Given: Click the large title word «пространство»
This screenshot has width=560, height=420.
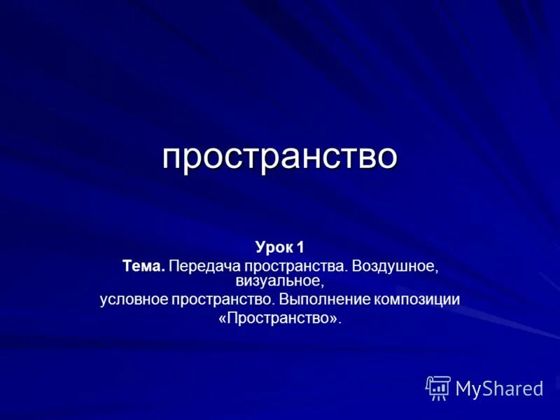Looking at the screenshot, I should (x=280, y=157).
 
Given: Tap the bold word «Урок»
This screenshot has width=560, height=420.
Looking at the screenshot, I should (x=271, y=247).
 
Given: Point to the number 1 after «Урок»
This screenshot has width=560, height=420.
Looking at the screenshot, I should (x=300, y=247).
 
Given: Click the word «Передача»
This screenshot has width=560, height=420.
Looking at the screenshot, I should (x=201, y=267).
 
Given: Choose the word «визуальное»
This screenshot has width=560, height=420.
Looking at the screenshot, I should (x=279, y=281).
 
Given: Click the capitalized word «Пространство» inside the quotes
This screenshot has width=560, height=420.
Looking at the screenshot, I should (x=280, y=318).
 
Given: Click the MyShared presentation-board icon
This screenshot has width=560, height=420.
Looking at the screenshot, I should (x=437, y=388).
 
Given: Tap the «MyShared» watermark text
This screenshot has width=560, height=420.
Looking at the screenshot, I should (x=499, y=388).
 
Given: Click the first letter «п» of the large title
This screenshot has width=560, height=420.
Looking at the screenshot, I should (x=171, y=159).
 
